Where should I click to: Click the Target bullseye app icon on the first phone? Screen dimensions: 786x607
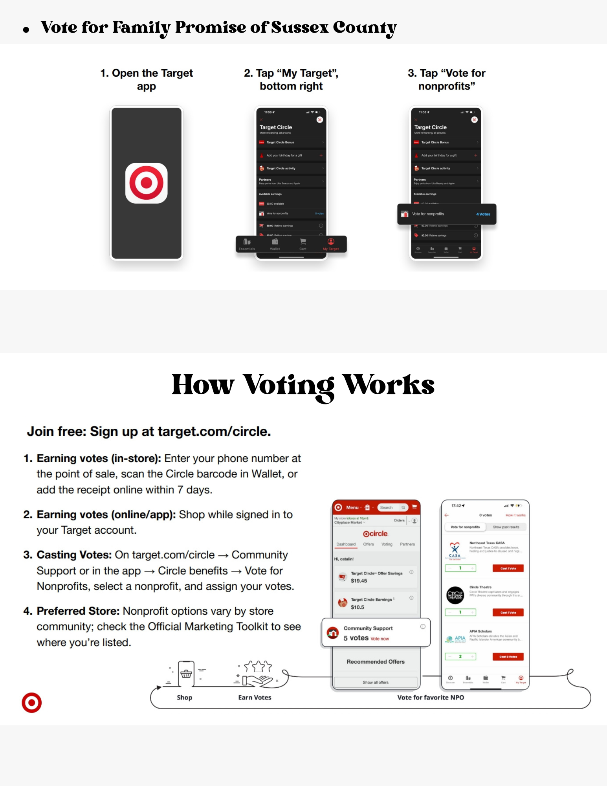tap(146, 183)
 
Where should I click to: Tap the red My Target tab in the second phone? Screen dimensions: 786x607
tap(331, 244)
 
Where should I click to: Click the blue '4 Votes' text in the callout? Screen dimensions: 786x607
tap(483, 214)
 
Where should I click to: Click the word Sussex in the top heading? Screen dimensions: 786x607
tap(299, 28)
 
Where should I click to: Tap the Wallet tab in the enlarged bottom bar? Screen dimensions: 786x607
tap(275, 244)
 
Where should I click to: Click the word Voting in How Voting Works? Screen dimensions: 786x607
tap(289, 385)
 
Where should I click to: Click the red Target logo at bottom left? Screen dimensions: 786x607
tap(31, 702)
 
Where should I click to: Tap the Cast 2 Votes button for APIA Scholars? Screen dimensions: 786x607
tap(508, 657)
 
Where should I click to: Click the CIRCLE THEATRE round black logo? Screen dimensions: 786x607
tap(455, 595)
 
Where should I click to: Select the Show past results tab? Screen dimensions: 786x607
tap(506, 527)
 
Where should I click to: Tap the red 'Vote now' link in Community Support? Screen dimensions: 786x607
tap(380, 639)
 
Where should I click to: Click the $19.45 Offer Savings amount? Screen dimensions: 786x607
tap(359, 580)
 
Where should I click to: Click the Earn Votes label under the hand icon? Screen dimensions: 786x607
tap(255, 697)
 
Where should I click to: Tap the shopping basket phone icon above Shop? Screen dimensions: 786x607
tap(186, 674)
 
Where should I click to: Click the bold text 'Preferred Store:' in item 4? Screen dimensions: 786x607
tap(78, 611)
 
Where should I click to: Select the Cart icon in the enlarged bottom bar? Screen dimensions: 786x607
tap(303, 244)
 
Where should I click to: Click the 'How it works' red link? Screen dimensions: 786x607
tap(515, 515)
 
